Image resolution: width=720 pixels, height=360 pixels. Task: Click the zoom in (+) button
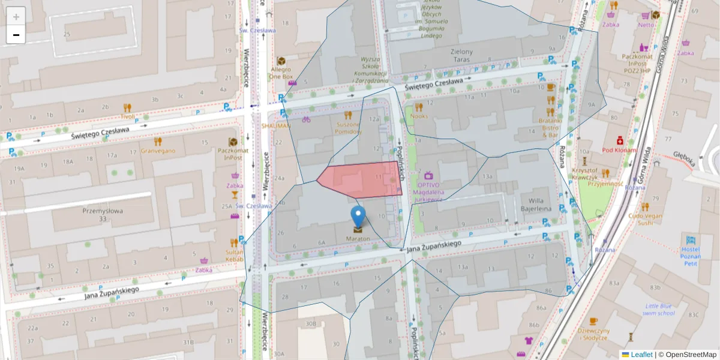16,16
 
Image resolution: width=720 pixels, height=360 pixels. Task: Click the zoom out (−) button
16,35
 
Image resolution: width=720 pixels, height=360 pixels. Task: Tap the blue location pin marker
358,217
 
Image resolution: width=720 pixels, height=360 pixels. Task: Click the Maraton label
358,239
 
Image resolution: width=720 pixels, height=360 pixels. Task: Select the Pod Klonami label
620,149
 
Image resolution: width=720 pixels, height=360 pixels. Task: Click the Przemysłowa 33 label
102,214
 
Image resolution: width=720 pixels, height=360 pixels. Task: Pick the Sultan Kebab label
234,256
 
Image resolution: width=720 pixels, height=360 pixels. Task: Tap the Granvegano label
158,151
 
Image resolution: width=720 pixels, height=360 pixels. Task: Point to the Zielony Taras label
461,56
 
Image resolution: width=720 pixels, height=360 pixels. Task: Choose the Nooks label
419,116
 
